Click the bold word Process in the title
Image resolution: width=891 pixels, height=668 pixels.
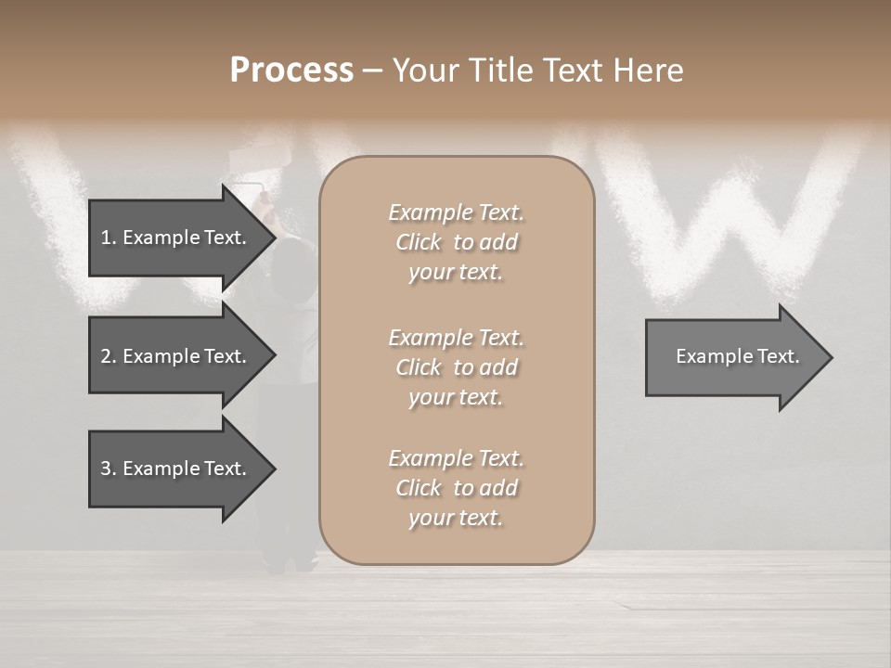coord(291,71)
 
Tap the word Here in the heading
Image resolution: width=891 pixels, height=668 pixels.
coord(649,71)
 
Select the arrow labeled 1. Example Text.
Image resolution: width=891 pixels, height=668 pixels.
coord(173,238)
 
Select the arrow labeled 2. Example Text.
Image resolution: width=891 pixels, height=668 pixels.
coord(173,356)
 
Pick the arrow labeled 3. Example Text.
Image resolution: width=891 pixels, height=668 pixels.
coord(173,469)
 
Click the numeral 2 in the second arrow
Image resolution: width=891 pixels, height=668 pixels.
coord(106,356)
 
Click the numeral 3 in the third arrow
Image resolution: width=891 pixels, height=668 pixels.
coord(106,469)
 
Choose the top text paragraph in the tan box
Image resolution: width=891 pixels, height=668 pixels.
coord(456,242)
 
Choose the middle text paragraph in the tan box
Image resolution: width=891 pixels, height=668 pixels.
coord(456,367)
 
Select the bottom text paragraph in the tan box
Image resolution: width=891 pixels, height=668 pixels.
coord(456,488)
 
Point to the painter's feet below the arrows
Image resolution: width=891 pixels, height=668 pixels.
coord(290,560)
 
